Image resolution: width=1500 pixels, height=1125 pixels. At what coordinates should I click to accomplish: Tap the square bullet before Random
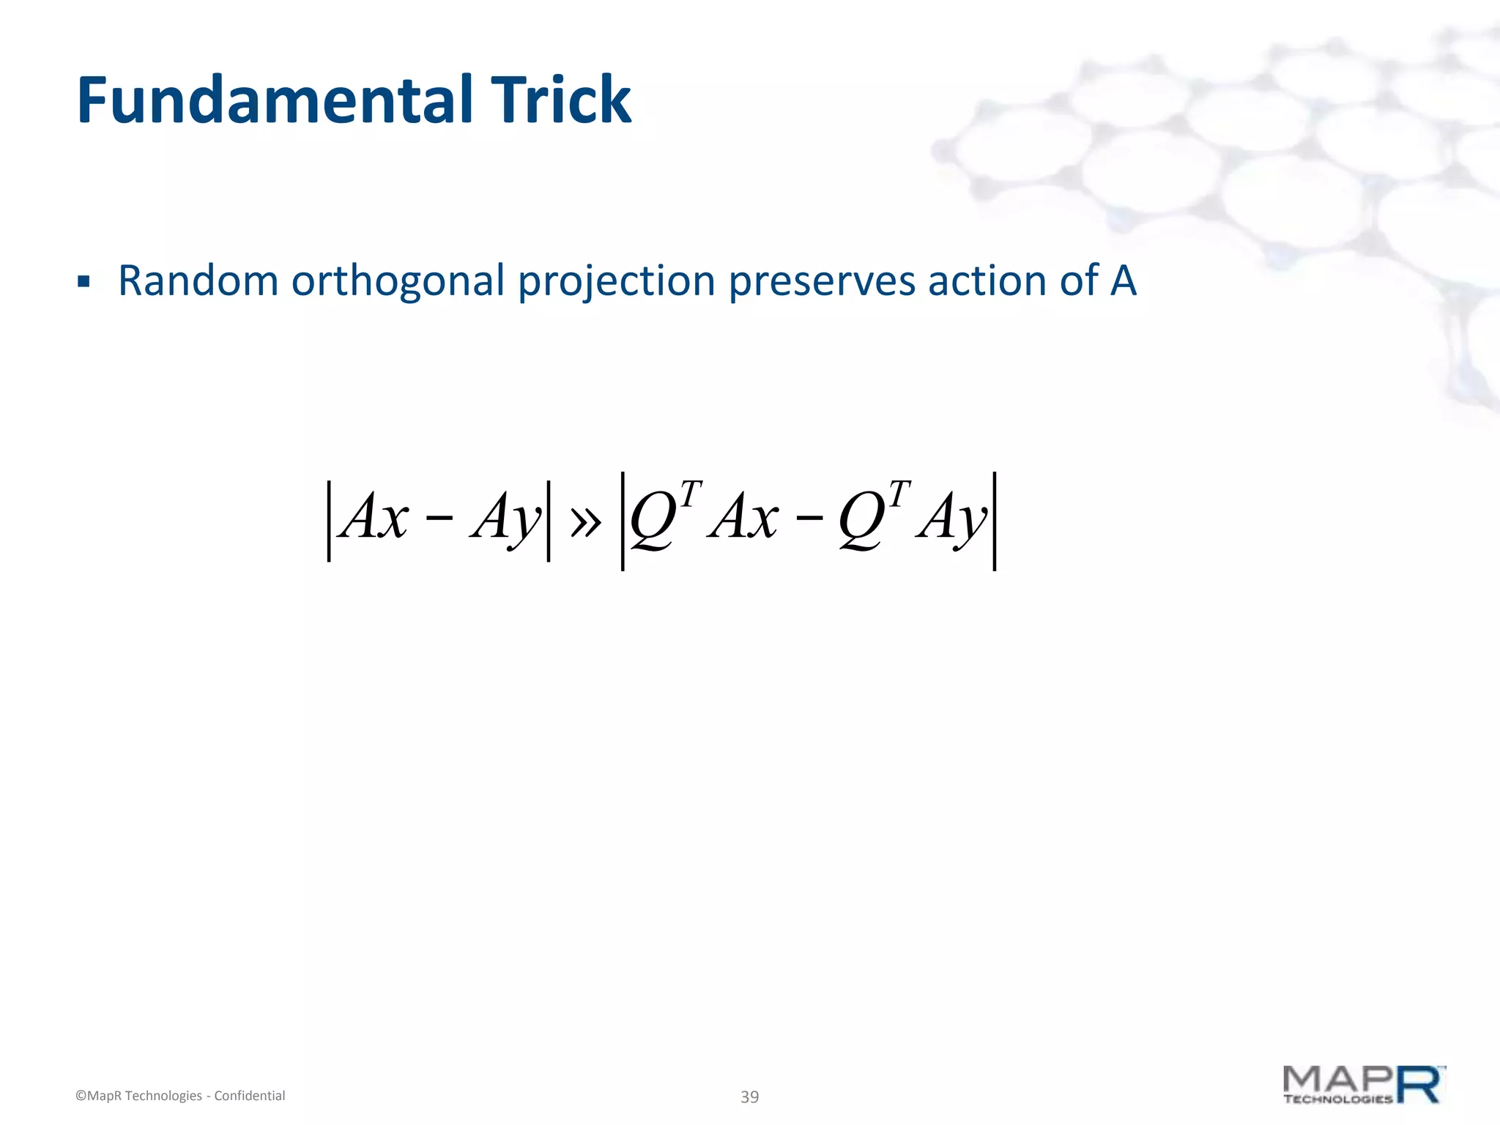pyautogui.click(x=83, y=282)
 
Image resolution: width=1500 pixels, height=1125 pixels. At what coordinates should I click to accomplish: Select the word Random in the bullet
pyautogui.click(x=198, y=281)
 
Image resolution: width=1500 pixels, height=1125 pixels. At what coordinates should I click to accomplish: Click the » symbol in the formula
pyautogui.click(x=585, y=521)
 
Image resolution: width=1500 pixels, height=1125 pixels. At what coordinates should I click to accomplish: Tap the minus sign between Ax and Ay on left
pyautogui.click(x=438, y=519)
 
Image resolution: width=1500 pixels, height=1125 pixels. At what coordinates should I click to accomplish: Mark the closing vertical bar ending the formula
pyautogui.click(x=994, y=521)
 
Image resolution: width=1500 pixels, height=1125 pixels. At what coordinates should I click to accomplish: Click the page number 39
pyautogui.click(x=749, y=1096)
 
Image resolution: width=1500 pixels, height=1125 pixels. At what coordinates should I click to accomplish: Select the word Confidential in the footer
pyautogui.click(x=249, y=1096)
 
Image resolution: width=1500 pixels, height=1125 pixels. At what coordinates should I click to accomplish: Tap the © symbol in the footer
pyautogui.click(x=81, y=1096)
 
